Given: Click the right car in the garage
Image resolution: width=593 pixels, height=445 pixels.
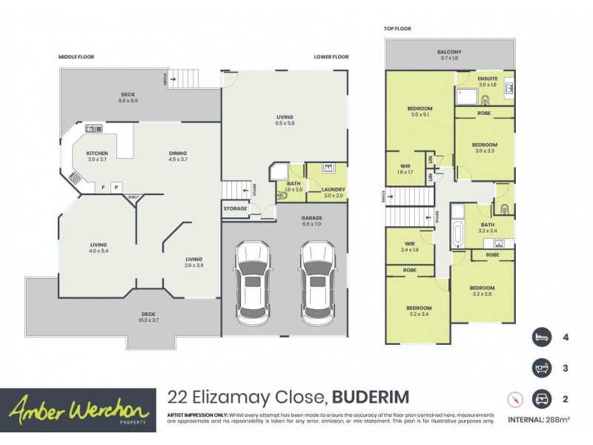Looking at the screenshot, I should click(x=317, y=278).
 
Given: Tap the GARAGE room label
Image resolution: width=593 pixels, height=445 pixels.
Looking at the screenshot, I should click(x=311, y=218).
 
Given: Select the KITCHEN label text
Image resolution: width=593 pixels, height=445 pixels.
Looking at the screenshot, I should click(x=97, y=154).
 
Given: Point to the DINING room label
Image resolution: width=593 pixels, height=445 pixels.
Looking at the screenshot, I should click(x=177, y=154).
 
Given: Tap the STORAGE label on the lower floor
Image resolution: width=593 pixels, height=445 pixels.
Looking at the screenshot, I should click(x=235, y=208).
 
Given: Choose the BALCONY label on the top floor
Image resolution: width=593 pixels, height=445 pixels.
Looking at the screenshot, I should click(x=449, y=52).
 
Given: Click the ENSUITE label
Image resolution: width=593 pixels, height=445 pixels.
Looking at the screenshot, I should click(x=488, y=78).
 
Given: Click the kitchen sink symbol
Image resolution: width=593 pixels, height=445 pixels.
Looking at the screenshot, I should click(x=94, y=128).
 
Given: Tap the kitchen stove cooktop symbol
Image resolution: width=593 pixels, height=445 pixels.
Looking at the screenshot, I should click(x=74, y=178).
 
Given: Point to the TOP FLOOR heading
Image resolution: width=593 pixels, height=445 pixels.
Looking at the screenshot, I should click(x=397, y=28).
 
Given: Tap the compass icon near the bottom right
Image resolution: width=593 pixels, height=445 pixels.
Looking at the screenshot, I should click(x=513, y=398).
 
